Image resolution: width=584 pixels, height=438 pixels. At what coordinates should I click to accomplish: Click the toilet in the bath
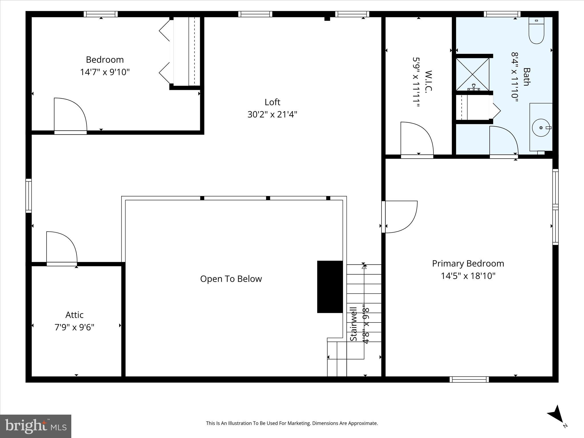tap(536, 31)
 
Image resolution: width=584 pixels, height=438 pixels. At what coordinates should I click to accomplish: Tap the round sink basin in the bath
tap(541, 128)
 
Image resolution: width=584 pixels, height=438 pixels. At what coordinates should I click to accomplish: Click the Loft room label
tap(272, 102)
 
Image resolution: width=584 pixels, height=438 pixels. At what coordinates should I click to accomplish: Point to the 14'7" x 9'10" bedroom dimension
tap(105, 72)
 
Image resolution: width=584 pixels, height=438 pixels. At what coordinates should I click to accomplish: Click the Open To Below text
tap(231, 279)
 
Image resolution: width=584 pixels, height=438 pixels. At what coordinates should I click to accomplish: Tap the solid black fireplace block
tap(330, 287)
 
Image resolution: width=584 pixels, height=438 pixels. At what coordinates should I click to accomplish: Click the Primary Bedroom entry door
tap(399, 217)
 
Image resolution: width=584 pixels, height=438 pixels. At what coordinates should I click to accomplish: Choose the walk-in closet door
tap(416, 140)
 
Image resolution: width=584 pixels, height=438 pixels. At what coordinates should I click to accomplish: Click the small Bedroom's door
tap(70, 115)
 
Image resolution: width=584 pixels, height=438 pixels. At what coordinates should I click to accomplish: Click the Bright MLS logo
tap(36, 426)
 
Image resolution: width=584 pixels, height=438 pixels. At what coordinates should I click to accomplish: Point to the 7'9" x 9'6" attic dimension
tap(74, 327)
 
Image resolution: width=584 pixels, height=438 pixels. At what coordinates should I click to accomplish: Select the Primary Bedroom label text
tap(468, 263)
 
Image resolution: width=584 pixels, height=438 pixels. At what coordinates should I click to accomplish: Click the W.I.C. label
tap(429, 81)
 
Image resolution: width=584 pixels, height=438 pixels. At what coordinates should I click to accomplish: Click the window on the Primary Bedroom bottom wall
tap(469, 379)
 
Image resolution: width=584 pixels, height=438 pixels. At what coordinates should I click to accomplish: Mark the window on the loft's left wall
tap(29, 196)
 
